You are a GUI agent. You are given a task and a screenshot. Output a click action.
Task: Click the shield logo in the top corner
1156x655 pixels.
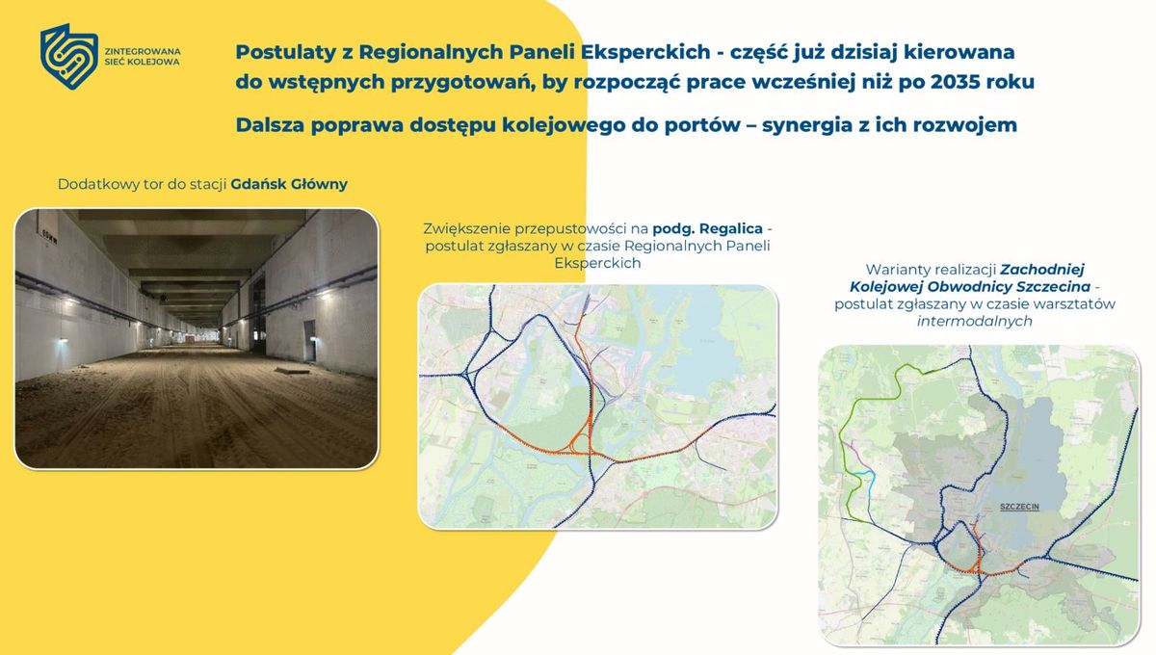tap(69, 56)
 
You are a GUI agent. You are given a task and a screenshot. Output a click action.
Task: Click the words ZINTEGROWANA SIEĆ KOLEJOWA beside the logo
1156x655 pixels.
tap(143, 57)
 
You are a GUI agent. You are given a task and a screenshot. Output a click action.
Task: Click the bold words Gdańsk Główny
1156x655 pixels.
tap(289, 184)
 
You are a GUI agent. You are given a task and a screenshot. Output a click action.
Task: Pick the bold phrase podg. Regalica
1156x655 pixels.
tap(707, 228)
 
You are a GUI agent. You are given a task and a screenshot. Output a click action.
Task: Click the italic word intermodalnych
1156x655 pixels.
tap(974, 321)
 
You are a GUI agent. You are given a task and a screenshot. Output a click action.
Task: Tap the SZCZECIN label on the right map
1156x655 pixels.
tap(1019, 507)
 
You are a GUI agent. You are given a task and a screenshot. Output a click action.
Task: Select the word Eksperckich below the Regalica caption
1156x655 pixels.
tap(597, 263)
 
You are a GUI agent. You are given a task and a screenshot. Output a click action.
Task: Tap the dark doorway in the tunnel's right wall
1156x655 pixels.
tap(309, 341)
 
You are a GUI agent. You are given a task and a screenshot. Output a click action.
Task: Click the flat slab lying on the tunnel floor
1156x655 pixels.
tap(292, 370)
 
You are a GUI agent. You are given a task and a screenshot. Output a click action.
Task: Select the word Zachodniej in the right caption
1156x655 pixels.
tap(1042, 270)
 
